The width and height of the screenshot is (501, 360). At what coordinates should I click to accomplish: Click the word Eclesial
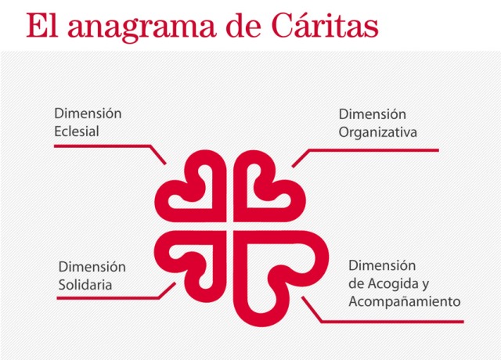pyautogui.click(x=77, y=131)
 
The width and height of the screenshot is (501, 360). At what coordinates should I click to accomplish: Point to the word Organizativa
pyautogui.click(x=378, y=133)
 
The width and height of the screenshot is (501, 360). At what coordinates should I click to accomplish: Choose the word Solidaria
pyautogui.click(x=85, y=285)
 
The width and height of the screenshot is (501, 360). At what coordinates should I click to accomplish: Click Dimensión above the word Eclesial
pyautogui.click(x=88, y=113)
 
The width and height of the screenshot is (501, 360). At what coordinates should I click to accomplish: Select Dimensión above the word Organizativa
pyautogui.click(x=373, y=114)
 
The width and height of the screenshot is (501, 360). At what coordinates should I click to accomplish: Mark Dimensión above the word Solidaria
pyautogui.click(x=92, y=267)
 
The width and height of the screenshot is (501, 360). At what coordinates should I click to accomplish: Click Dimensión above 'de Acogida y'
pyautogui.click(x=382, y=265)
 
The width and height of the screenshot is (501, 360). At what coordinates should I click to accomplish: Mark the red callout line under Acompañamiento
pyautogui.click(x=391, y=321)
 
